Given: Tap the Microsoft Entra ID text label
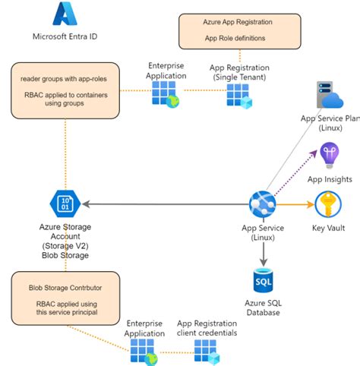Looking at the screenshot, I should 65,36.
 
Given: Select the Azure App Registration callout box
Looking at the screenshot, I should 226,30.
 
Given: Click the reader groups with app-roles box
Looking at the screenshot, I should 65,90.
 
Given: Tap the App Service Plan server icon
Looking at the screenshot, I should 330,98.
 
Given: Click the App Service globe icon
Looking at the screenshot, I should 261,204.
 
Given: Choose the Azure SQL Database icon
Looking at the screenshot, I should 261,282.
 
